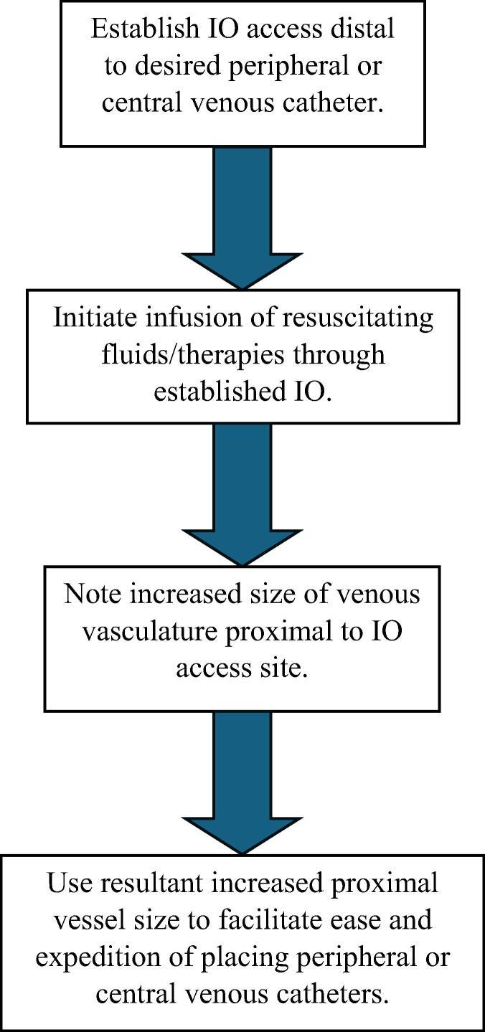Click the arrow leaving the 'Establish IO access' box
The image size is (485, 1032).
click(x=242, y=215)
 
